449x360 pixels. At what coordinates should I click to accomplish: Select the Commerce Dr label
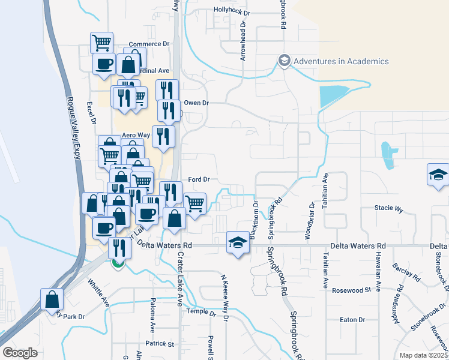149,44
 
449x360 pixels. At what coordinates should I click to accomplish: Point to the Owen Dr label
196,103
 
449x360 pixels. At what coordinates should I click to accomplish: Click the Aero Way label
136,135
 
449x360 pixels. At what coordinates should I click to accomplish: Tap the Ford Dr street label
198,179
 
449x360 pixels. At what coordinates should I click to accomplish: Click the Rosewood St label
352,290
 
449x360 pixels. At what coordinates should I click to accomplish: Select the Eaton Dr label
352,320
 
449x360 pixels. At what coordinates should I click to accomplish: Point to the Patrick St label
162,344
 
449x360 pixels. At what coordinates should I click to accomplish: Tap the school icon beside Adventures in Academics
284,61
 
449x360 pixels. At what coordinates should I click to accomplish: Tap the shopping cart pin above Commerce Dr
101,42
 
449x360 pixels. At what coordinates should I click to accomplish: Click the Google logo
20,353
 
